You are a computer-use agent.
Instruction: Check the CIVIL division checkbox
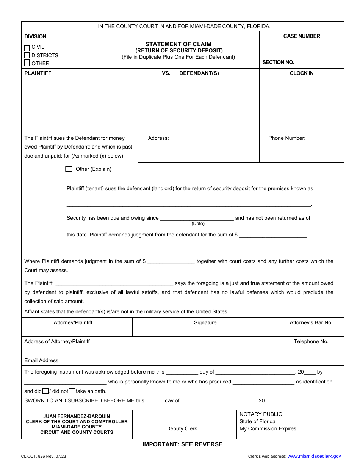27,48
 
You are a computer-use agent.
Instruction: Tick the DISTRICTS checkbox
27,55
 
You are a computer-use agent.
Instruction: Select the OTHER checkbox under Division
27,63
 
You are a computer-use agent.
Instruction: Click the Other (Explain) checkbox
69,169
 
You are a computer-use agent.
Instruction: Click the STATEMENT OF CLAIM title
178,44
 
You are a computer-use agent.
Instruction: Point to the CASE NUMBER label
302,36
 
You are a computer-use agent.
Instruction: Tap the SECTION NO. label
278,62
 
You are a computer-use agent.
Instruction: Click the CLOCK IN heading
302,73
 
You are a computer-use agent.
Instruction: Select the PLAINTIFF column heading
38,73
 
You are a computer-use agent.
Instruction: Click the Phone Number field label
287,138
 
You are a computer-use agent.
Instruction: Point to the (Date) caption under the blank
198,224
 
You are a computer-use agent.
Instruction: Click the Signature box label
205,322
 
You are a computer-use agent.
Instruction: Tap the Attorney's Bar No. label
311,322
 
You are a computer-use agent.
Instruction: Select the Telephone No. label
311,341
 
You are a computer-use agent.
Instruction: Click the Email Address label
42,360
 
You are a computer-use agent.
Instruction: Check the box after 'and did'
45,391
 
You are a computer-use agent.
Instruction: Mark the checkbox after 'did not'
72,391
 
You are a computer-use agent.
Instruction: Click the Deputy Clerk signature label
182,428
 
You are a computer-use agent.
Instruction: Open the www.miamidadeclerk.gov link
314,456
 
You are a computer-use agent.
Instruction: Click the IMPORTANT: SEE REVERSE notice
182,444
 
